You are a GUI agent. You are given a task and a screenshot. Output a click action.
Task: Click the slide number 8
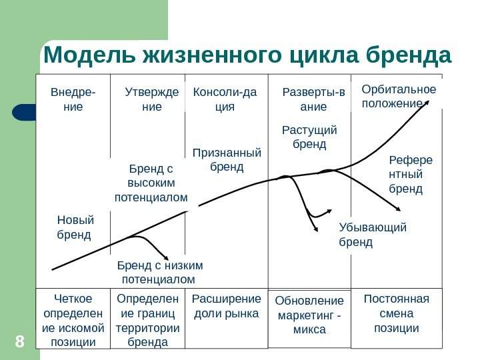[19, 343]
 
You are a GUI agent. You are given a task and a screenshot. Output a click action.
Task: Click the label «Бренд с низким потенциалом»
[160, 272]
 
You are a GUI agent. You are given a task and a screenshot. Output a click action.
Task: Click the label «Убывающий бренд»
[372, 235]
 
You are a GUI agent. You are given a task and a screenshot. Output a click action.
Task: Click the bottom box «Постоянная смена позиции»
[397, 313]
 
